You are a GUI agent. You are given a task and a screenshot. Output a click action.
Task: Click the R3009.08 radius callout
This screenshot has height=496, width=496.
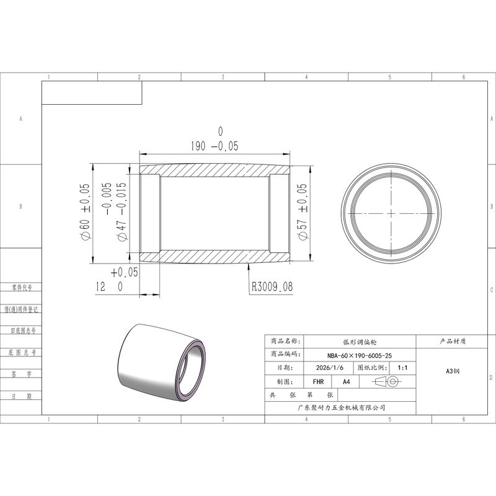coord(272,286)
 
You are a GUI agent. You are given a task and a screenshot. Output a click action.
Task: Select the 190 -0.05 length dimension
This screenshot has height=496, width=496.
coord(215,146)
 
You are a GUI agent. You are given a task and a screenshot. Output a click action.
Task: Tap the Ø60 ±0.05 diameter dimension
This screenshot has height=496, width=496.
coord(85,211)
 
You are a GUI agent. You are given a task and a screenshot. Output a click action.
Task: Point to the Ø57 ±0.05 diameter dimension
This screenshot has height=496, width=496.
coord(302,211)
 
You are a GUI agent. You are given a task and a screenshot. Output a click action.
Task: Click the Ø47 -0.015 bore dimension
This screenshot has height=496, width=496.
coord(122,211)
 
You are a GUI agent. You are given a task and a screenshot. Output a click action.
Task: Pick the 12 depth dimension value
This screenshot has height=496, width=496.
coord(100,286)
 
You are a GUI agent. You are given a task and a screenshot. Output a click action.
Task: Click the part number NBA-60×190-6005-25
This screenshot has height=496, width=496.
coord(360,355)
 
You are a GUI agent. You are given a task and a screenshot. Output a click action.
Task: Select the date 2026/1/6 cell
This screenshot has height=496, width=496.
coord(329,368)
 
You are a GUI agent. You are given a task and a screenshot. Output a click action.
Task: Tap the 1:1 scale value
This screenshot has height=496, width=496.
coord(402,368)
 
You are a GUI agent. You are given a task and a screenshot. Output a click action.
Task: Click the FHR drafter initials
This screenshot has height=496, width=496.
coord(318,381)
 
